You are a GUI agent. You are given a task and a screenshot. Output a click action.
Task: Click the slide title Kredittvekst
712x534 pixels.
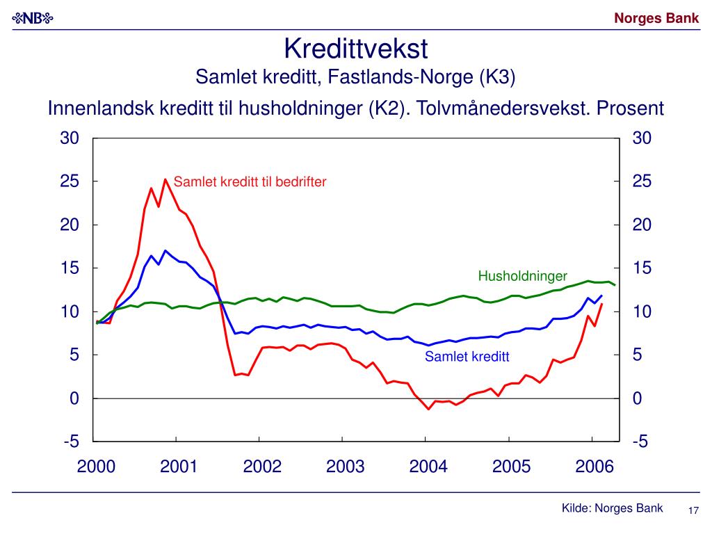[x=355, y=49]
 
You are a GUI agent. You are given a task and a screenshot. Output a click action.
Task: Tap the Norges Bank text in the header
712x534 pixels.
[x=656, y=19]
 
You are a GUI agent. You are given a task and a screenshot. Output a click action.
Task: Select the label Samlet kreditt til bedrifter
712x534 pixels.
[x=250, y=182]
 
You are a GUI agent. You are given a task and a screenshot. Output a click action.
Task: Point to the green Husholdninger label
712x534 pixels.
[x=523, y=277]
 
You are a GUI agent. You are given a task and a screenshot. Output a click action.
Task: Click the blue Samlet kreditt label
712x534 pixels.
[x=467, y=357]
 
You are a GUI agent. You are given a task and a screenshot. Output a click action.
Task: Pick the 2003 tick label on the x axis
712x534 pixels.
[x=345, y=467]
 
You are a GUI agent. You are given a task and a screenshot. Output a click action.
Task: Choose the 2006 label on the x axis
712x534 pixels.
[x=594, y=467]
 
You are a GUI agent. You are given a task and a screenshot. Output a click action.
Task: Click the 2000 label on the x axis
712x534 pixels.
[x=96, y=467]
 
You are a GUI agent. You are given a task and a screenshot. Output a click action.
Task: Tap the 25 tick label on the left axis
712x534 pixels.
[x=70, y=181]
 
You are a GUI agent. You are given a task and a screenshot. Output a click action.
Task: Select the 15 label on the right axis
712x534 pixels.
[x=642, y=268]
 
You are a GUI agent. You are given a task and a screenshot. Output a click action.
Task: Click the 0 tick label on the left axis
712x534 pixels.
[x=74, y=398]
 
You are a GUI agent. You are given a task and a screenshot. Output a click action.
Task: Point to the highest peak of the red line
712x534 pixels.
[x=165, y=179]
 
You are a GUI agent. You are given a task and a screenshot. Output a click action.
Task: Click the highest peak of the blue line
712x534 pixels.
[x=165, y=250]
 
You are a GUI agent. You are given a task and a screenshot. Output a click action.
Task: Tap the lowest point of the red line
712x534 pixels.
[x=428, y=409]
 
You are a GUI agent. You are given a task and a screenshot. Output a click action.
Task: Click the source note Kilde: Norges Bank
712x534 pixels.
[x=613, y=508]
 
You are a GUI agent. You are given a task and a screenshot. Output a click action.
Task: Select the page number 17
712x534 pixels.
[x=693, y=511]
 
